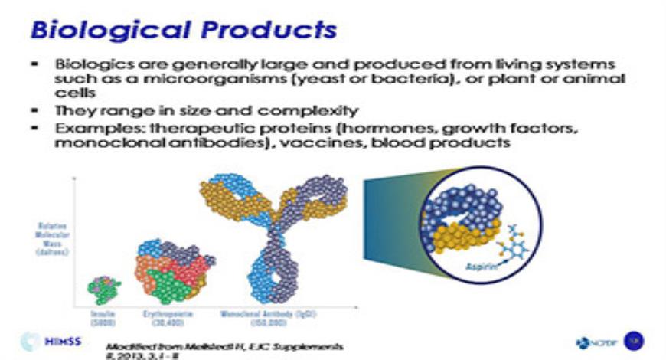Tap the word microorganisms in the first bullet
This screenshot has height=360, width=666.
coord(213,80)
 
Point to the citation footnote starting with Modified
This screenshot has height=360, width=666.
coord(222,347)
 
